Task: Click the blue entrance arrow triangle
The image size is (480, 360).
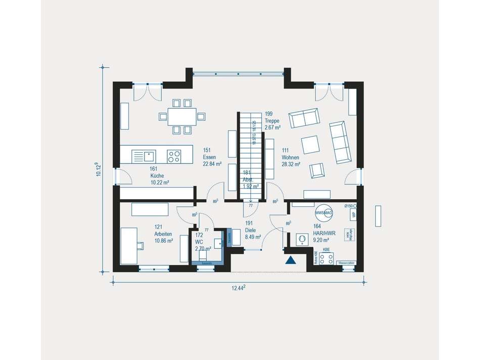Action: point(291,260)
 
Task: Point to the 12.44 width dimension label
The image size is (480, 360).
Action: point(238,288)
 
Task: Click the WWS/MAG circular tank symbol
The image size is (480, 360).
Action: point(323,213)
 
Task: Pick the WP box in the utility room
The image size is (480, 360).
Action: point(353,215)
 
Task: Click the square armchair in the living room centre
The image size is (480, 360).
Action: point(310,145)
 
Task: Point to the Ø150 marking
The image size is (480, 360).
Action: point(350,206)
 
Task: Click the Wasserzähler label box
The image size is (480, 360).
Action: point(348,263)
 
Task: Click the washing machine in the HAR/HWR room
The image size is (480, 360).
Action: point(302,239)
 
